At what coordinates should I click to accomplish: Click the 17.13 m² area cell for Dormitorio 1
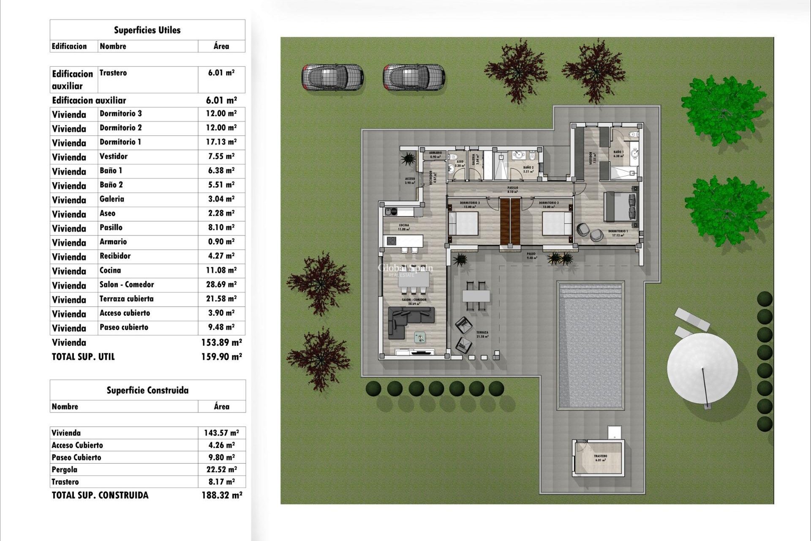click(x=221, y=142)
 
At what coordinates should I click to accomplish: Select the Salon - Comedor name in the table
click(x=127, y=284)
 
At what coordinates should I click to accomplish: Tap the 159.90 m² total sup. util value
click(x=221, y=357)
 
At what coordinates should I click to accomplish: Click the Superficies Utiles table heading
click(x=147, y=30)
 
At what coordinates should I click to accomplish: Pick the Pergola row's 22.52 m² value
click(x=221, y=470)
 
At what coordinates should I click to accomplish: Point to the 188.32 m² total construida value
click(x=222, y=495)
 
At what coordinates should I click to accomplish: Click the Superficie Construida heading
click(x=147, y=390)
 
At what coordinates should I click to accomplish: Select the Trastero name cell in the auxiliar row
click(x=113, y=73)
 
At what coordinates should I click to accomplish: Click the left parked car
click(x=332, y=77)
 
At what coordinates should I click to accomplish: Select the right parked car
click(x=414, y=77)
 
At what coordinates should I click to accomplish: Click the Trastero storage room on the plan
click(x=599, y=458)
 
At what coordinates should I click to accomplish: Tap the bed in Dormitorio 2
click(x=557, y=223)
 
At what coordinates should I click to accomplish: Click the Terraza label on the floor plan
click(x=482, y=333)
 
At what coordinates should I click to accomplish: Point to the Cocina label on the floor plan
click(x=404, y=226)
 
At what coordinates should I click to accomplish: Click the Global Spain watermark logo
click(x=405, y=269)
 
